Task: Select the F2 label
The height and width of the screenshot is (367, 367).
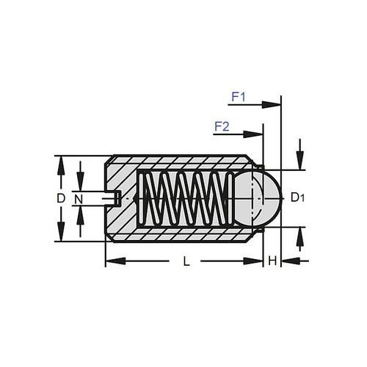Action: (222, 126)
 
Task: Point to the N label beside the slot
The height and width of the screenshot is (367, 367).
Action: (80, 198)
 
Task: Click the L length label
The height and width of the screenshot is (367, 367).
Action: (186, 261)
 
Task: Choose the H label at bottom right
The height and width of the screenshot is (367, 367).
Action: (272, 261)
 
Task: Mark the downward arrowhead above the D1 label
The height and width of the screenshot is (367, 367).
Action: (299, 164)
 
